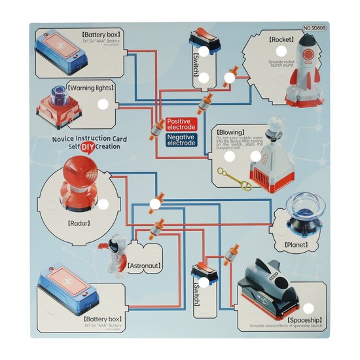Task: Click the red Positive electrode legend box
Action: (x=180, y=124)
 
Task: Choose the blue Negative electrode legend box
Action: (x=180, y=139)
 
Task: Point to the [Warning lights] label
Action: (x=91, y=87)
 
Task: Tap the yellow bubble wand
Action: (x=234, y=180)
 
